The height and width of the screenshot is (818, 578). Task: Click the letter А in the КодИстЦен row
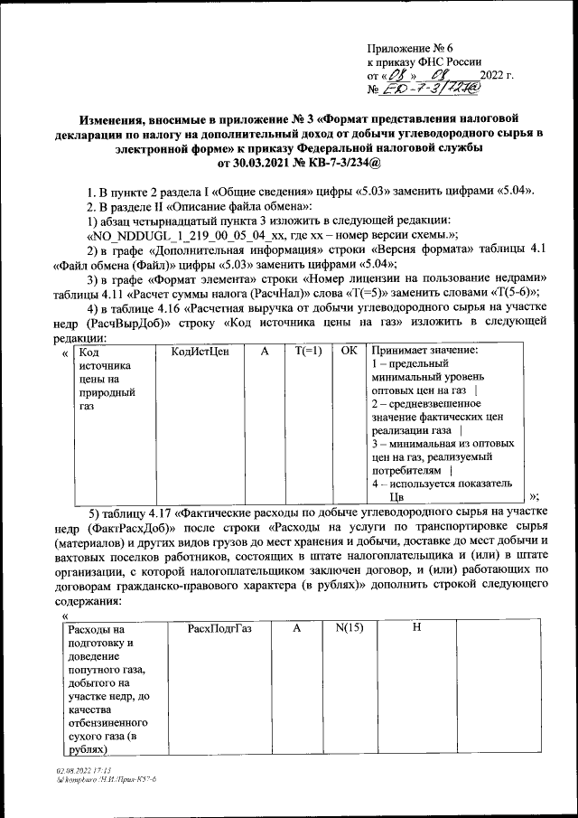point(265,351)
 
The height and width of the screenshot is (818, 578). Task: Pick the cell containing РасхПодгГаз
point(219,628)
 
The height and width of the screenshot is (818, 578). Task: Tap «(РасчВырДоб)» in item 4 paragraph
point(126,321)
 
